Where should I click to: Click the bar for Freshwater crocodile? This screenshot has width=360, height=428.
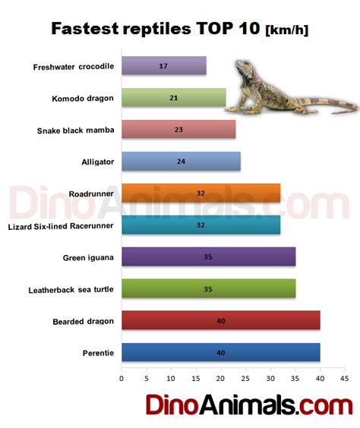[x=163, y=66]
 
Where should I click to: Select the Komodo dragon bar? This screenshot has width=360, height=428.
[x=173, y=98]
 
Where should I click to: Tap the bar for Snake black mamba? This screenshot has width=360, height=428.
[x=178, y=130]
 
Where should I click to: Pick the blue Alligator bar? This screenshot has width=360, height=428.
[x=181, y=162]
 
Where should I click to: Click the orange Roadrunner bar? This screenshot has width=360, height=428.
[x=201, y=194]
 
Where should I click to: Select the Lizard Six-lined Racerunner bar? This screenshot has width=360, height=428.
[x=201, y=225]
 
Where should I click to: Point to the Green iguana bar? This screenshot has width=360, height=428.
[x=208, y=257]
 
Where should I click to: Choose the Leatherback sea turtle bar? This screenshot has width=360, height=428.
[x=208, y=289]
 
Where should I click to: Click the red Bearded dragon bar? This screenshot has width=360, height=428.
[x=220, y=321]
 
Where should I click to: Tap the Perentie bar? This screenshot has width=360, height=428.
[x=220, y=353]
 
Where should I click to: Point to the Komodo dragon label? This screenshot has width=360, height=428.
[x=83, y=98]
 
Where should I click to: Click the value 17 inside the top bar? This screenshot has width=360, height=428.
[x=163, y=66]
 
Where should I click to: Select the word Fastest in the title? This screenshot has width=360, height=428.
[x=81, y=29]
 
